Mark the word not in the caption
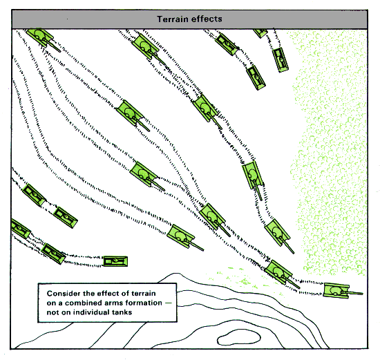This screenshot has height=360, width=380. click(52, 312)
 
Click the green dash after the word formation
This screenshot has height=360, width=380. click(168, 303)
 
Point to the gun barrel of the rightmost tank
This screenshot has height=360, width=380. click(354, 293)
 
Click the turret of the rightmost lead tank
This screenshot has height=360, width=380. click(335, 291)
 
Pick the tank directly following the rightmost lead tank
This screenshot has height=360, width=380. click(278, 272)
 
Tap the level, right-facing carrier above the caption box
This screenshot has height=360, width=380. click(115, 261)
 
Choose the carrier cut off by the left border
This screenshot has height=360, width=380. click(20, 229)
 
